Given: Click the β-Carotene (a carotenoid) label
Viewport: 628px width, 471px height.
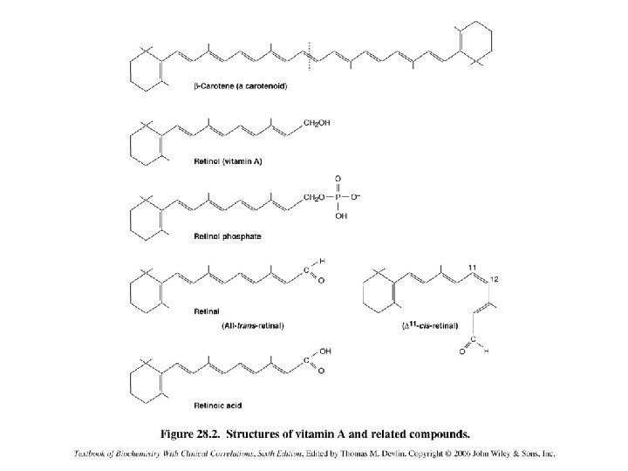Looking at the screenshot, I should (x=241, y=86).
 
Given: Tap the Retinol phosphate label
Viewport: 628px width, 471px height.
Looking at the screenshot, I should (x=226, y=236).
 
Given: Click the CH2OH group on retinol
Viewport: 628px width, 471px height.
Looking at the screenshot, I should (x=317, y=123).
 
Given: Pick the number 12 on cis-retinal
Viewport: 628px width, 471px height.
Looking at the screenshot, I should (x=495, y=278).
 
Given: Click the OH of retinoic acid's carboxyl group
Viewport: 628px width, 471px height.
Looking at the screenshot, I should (x=324, y=351).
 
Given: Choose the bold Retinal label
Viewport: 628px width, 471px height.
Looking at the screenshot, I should (x=207, y=311).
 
